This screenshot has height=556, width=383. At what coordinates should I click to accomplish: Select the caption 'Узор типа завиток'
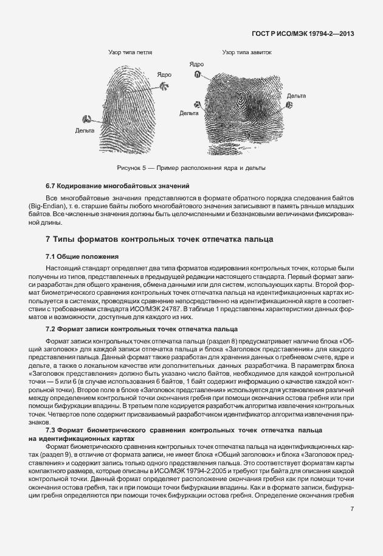[x=247, y=53]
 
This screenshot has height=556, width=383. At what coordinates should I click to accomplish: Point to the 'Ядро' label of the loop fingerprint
[x=164, y=74]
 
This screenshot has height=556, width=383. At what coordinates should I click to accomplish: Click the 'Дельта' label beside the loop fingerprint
[x=85, y=130]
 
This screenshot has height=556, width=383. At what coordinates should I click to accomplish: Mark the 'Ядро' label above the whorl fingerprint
[x=196, y=64]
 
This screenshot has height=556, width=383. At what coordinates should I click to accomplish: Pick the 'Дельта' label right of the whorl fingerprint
[x=297, y=96]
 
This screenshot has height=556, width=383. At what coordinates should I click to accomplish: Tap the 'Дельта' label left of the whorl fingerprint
[x=190, y=113]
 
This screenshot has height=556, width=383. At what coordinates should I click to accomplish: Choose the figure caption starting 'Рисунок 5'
[x=191, y=167]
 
